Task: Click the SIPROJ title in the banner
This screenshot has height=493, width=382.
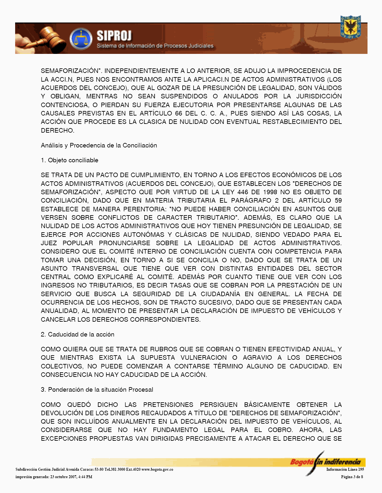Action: click(x=114, y=36)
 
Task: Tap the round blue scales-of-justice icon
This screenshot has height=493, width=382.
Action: click(x=81, y=39)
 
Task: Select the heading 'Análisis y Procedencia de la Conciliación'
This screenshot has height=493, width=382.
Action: click(x=99, y=146)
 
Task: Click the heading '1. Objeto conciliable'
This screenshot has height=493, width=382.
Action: click(x=70, y=160)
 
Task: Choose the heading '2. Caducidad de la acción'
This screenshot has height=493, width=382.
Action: click(x=78, y=335)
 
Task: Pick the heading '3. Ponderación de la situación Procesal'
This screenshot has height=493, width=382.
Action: click(x=97, y=390)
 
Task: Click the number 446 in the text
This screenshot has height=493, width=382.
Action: click(x=243, y=192)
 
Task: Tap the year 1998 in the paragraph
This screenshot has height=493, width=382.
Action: click(x=270, y=192)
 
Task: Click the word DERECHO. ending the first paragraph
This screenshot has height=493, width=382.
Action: click(x=58, y=131)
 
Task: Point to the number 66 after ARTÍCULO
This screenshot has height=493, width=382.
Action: click(x=178, y=114)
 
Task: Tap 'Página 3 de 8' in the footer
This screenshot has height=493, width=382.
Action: click(x=352, y=477)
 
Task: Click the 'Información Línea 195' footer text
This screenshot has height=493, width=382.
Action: click(x=345, y=469)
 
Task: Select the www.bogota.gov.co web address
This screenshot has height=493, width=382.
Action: click(x=157, y=469)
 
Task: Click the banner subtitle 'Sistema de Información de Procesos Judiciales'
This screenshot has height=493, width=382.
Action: click(x=155, y=46)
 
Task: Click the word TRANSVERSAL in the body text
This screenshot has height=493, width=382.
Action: click(x=95, y=269)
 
